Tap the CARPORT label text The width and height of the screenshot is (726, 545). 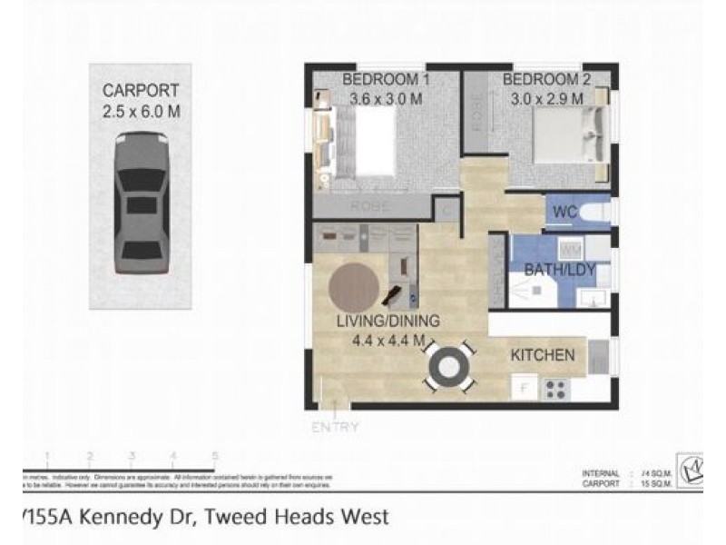pyautogui.click(x=140, y=91)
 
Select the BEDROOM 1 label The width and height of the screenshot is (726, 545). pyautogui.click(x=385, y=81)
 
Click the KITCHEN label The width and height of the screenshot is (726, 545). pyautogui.click(x=543, y=354)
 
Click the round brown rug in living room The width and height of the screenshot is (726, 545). pyautogui.click(x=354, y=288)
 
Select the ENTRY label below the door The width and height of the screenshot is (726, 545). pyautogui.click(x=335, y=427)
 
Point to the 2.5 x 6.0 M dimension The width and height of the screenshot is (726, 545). pyautogui.click(x=140, y=110)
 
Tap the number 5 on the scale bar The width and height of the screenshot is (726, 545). pyautogui.click(x=215, y=456)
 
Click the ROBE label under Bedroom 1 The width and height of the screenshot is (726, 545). pyautogui.click(x=372, y=207)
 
